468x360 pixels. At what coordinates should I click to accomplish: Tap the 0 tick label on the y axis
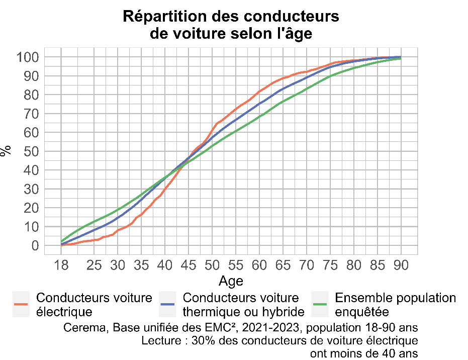pyautogui.click(x=35, y=245)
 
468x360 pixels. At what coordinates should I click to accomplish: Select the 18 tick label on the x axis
pyautogui.click(x=61, y=265)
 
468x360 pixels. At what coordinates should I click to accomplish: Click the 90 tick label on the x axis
pyautogui.click(x=401, y=265)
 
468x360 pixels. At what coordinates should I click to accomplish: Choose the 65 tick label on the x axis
pyautogui.click(x=283, y=265)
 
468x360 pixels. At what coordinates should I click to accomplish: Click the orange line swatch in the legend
pyautogui.click(x=21, y=304)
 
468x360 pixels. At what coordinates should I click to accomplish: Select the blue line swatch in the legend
pyautogui.click(x=167, y=304)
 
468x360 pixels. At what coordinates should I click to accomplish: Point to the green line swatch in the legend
pyautogui.click(x=320, y=304)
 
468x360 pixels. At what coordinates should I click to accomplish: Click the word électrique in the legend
pyautogui.click(x=64, y=312)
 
